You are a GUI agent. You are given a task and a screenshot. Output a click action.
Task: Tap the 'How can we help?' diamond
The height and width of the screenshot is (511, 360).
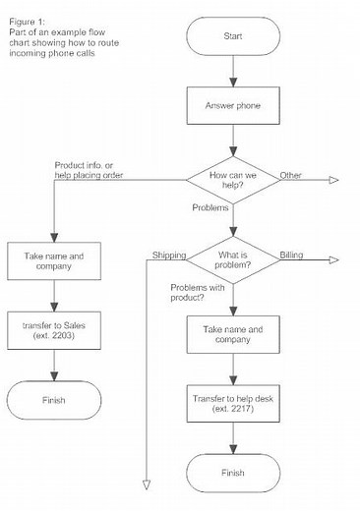click(x=233, y=179)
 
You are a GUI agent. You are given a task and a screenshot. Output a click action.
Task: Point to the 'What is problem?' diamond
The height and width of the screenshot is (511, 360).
click(x=233, y=259)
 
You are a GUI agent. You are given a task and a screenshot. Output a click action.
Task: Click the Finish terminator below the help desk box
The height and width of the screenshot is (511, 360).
click(x=233, y=472)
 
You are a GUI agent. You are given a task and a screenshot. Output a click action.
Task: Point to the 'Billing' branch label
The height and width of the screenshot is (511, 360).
click(x=291, y=254)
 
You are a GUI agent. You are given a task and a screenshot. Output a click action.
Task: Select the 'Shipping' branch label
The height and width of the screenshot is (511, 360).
click(x=168, y=255)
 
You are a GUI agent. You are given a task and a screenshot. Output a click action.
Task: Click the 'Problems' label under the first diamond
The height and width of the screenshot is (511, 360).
click(x=210, y=209)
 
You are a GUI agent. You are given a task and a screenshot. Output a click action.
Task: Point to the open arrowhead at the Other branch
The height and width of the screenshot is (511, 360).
click(x=332, y=179)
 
